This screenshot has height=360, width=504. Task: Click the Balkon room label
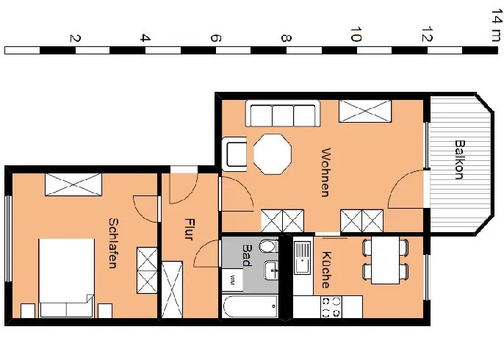tap(460, 159)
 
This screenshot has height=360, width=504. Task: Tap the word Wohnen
tap(326, 172)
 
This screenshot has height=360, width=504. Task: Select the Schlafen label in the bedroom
tap(113, 243)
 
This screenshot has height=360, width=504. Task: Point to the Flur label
tap(190, 229)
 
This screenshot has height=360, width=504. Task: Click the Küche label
tap(326, 270)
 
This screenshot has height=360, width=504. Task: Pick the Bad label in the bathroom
tap(247, 256)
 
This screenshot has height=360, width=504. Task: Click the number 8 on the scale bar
tap(286, 38)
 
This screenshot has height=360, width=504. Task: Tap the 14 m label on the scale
tap(497, 25)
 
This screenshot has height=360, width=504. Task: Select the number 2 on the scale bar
tap(75, 38)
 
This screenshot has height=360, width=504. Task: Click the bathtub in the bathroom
tap(250, 306)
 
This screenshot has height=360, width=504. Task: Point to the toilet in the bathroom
tap(269, 247)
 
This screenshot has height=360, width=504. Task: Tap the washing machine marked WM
tap(232, 280)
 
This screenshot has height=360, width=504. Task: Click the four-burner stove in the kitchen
tap(331, 307)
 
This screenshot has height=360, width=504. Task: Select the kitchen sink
tap(302, 258)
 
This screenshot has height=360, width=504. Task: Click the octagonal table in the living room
tap(273, 154)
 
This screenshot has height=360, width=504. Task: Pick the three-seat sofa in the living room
tap(283, 113)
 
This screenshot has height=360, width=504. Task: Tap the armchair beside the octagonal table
tap(234, 154)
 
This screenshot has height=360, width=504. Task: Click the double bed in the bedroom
tap(67, 278)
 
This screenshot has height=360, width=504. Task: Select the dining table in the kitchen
tap(386, 260)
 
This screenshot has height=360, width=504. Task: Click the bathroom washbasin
tap(272, 270)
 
